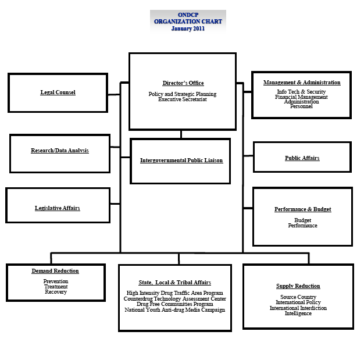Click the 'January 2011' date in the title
[x=188, y=28]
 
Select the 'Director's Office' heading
[x=183, y=83]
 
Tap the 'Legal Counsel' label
[x=58, y=92]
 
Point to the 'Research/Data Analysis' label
[x=60, y=151]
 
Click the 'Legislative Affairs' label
[x=58, y=208]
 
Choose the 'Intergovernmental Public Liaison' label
[x=181, y=160]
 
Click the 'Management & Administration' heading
[x=302, y=83]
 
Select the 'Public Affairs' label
[x=302, y=158]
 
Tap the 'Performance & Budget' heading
[x=302, y=209]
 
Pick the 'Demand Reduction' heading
[x=55, y=271]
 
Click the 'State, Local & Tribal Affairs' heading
[x=174, y=283]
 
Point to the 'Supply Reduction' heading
[x=298, y=286]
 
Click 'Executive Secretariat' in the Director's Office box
[x=183, y=99]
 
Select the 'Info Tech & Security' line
[x=301, y=92]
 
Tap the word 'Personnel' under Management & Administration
[x=301, y=106]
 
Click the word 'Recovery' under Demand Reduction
[x=56, y=292]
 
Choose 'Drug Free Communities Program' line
[x=174, y=304]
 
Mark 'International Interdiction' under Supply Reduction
[x=298, y=308]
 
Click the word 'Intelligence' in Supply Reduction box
[x=298, y=313]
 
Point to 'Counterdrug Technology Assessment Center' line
[x=174, y=299]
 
